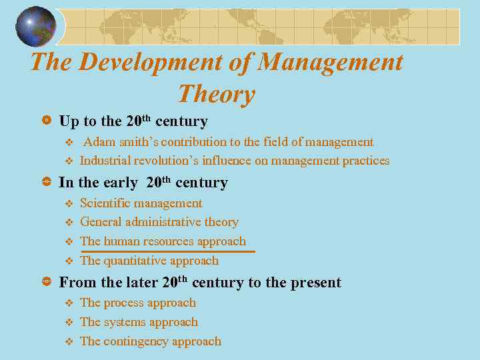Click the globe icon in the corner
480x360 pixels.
tap(36, 27)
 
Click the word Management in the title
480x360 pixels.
tap(331, 62)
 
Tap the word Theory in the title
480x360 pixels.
tap(217, 94)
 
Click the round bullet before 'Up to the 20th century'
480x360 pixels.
tap(46, 121)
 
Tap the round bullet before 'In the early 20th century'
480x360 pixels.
tap(46, 183)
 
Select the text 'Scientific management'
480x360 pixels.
tap(141, 203)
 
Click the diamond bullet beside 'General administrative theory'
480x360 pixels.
tap(67, 223)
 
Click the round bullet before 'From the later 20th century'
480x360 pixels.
tap(46, 283)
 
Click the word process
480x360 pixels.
tap(126, 303)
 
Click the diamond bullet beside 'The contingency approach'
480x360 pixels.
tap(67, 342)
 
